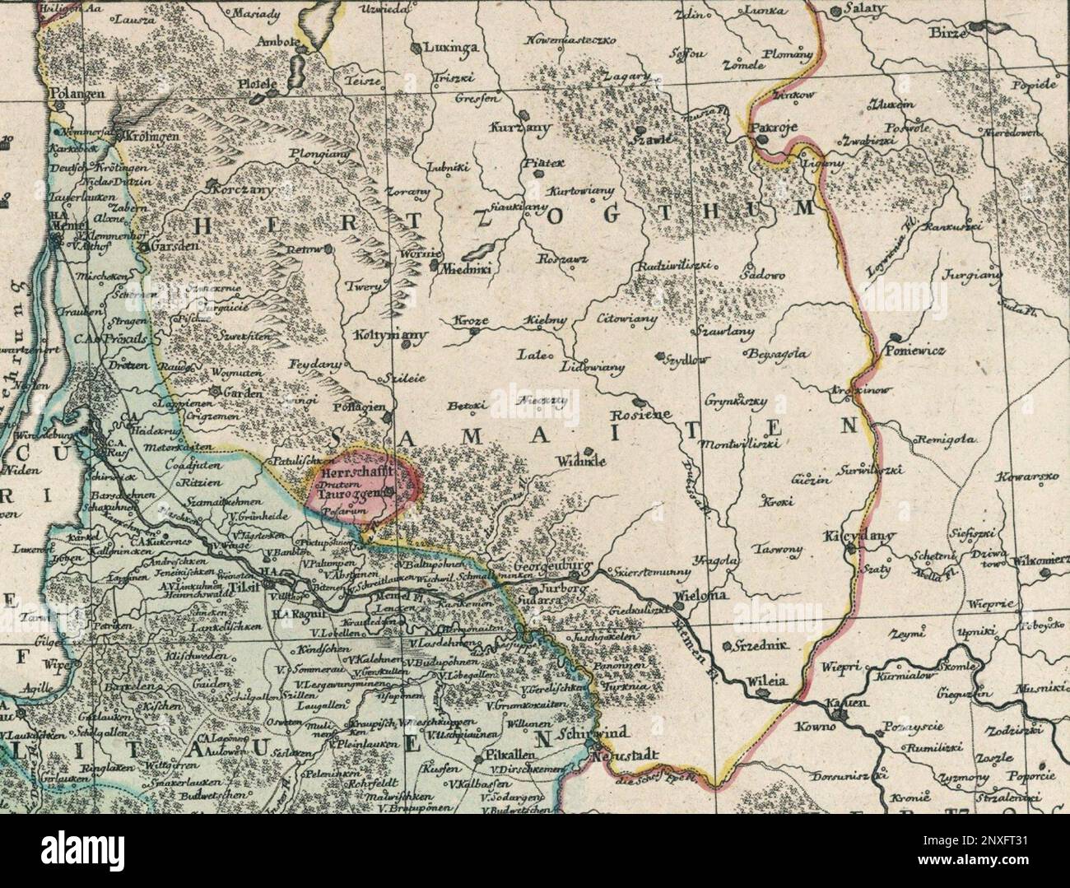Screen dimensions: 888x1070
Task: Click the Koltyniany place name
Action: click(379, 336)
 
